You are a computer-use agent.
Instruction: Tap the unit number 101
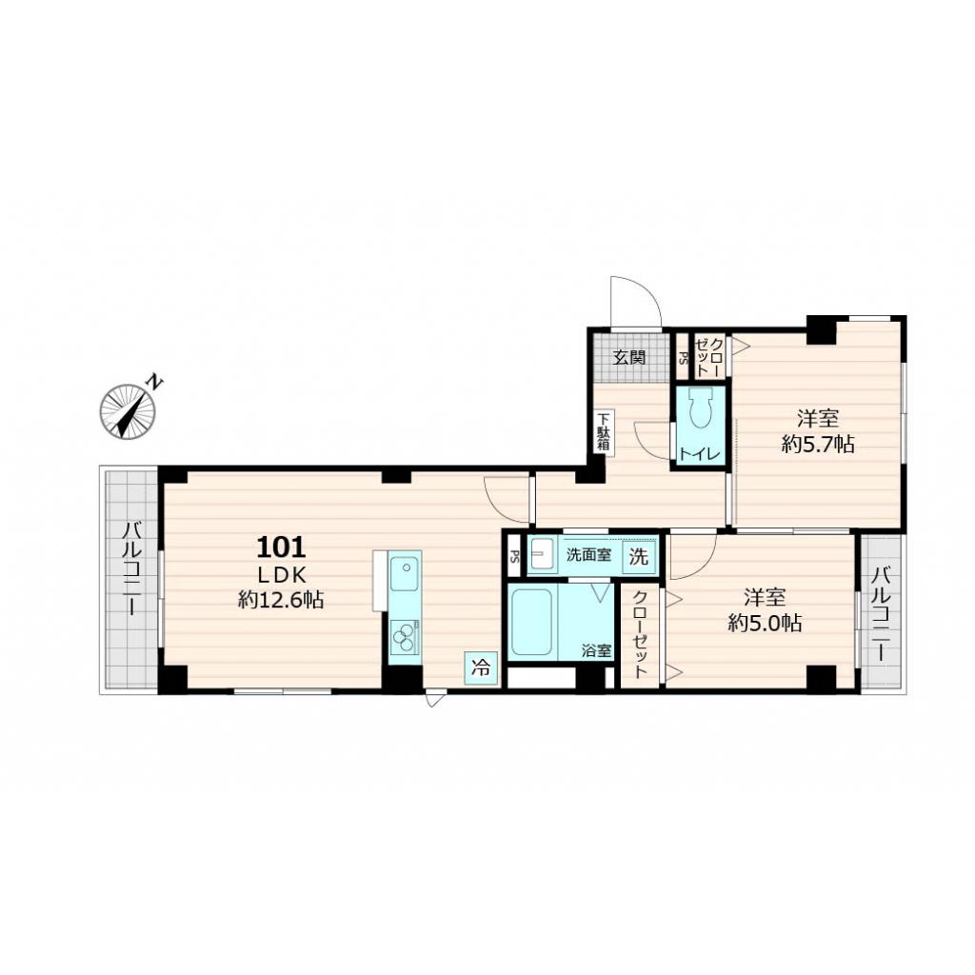pyautogui.click(x=281, y=547)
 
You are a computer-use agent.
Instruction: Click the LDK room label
pyautogui.click(x=281, y=574)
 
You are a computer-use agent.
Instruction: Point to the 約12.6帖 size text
pyautogui.click(x=281, y=600)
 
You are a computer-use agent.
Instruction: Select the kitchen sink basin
pyautogui.click(x=405, y=574)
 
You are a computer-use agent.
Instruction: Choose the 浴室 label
pyautogui.click(x=597, y=651)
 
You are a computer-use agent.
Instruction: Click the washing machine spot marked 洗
pyautogui.click(x=640, y=557)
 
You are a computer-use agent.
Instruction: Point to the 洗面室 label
pyautogui.click(x=588, y=555)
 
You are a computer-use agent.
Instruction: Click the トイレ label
pyautogui.click(x=700, y=453)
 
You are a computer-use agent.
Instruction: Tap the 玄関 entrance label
pyautogui.click(x=629, y=358)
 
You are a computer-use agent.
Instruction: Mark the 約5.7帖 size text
pyautogui.click(x=817, y=444)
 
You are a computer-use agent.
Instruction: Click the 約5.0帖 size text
pyautogui.click(x=764, y=624)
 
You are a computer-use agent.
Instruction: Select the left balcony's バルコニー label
pyautogui.click(x=131, y=580)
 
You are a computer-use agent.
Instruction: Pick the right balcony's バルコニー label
pyautogui.click(x=883, y=614)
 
